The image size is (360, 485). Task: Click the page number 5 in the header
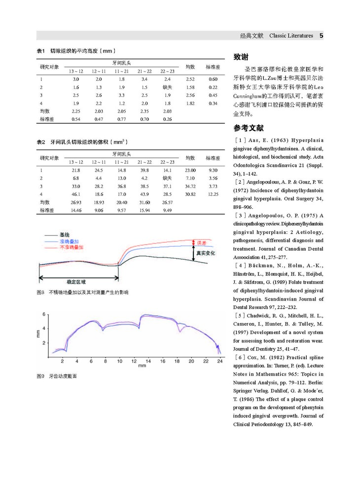pyautogui.click(x=321, y=36)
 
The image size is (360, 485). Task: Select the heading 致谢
pyautogui.click(x=241, y=56)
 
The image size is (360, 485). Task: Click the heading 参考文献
pyautogui.click(x=249, y=128)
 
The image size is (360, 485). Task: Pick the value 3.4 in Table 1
pyautogui.click(x=144, y=79)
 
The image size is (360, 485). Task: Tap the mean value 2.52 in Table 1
pyautogui.click(x=190, y=79)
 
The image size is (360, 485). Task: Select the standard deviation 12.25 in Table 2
pyautogui.click(x=213, y=194)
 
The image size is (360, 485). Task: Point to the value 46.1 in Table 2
pyautogui.click(x=76, y=194)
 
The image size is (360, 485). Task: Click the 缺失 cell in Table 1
pyautogui.click(x=167, y=87)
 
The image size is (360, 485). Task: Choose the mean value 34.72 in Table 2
pyautogui.click(x=190, y=186)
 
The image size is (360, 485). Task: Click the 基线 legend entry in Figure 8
pyautogui.click(x=65, y=235)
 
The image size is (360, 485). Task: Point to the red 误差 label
pyautogui.click(x=201, y=242)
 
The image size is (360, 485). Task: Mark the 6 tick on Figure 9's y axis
pyautogui.click(x=44, y=314)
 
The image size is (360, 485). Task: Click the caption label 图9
pyautogui.click(x=41, y=376)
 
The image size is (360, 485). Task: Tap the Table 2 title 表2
pyautogui.click(x=41, y=142)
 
